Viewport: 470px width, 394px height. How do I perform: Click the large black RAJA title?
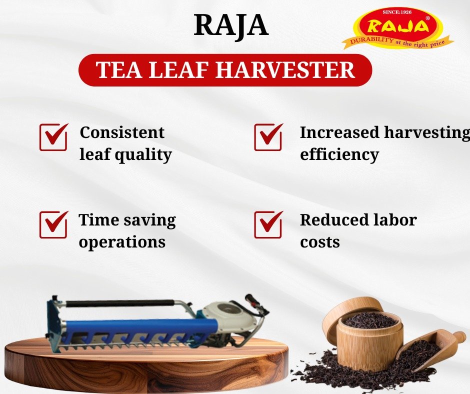click(231, 25)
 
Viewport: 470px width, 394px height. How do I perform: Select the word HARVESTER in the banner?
click(285, 70)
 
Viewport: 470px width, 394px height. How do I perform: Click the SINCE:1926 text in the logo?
click(397, 12)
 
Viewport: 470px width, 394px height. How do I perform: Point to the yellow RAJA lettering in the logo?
click(397, 26)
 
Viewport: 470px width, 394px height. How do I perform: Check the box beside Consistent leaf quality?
click(53, 137)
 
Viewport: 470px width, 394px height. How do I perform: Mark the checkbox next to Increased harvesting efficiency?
click(268, 137)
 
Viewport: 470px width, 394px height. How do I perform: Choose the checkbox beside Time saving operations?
click(53, 224)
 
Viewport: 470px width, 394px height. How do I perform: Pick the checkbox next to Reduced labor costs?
click(268, 224)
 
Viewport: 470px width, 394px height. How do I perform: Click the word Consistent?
click(122, 132)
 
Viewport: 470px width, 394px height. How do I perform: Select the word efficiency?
click(339, 155)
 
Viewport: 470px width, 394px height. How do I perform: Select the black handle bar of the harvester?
click(120, 303)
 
